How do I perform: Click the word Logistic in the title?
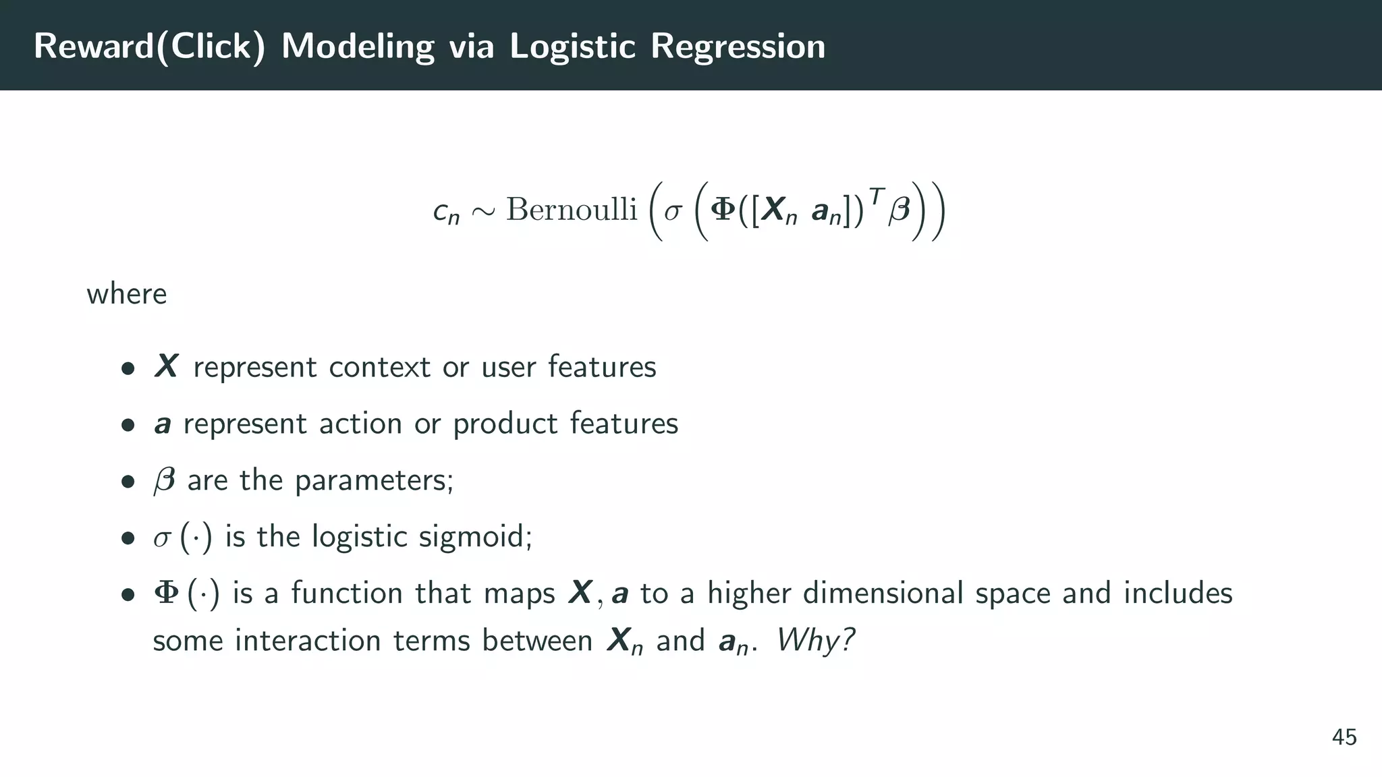[x=572, y=47]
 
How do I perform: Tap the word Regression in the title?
[x=738, y=47]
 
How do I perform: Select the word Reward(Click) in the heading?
[x=149, y=47]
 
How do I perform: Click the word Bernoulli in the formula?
[x=572, y=209]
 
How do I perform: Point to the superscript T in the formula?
[x=876, y=196]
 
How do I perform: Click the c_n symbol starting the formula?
[x=446, y=212]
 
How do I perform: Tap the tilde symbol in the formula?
[x=483, y=211]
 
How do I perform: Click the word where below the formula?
[x=127, y=294]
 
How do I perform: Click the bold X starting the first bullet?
[x=166, y=366]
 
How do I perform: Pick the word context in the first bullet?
[x=379, y=367]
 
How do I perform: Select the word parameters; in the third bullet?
[x=374, y=481]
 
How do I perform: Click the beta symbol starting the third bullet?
[x=165, y=481]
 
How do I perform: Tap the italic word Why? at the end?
[x=815, y=639]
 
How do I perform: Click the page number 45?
[x=1344, y=737]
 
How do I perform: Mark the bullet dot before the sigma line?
[x=128, y=539]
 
